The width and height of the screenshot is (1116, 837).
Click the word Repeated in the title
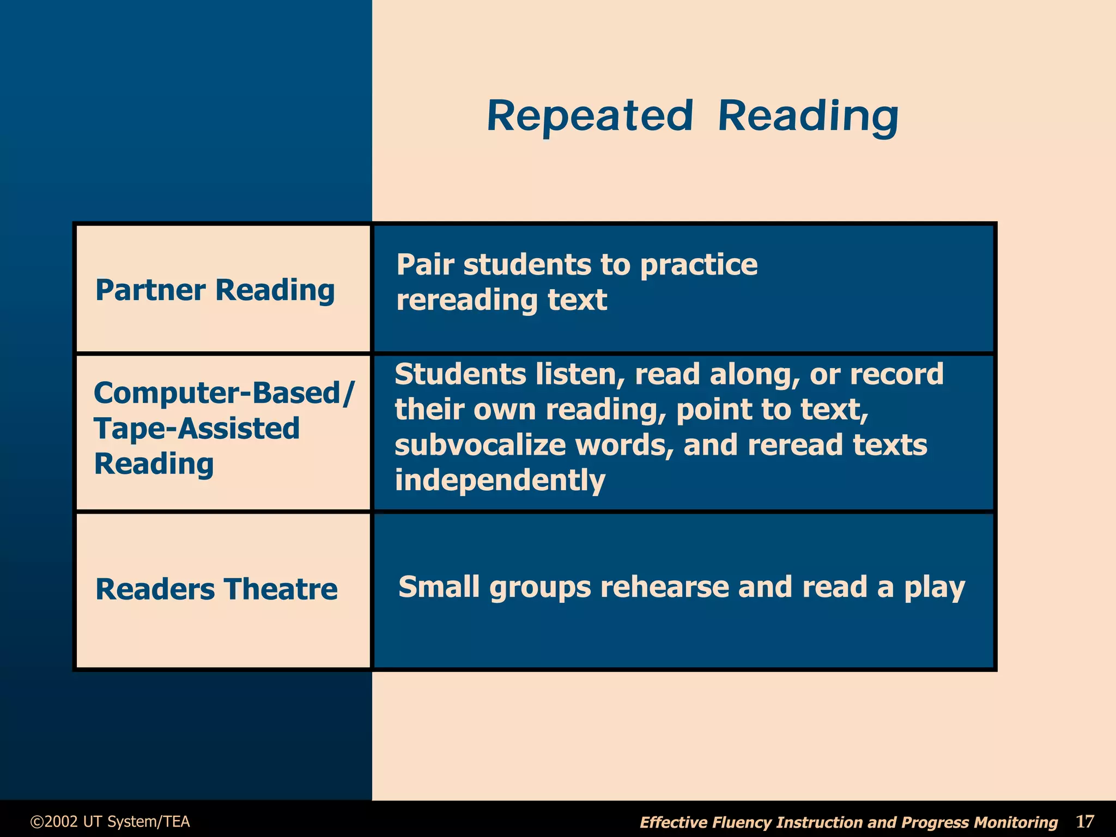click(x=590, y=117)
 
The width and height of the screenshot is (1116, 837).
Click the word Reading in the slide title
click(x=808, y=117)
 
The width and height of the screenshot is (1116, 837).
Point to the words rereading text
click(x=501, y=300)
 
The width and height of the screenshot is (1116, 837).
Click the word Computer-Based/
click(x=224, y=393)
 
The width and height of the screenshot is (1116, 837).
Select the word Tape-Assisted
click(x=197, y=428)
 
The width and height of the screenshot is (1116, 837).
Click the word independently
click(x=500, y=480)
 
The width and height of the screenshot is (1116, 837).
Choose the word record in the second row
click(x=896, y=375)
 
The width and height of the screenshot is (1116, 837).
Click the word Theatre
click(x=280, y=590)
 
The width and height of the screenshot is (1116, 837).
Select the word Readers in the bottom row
click(x=155, y=590)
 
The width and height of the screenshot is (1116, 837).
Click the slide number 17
click(x=1084, y=821)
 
